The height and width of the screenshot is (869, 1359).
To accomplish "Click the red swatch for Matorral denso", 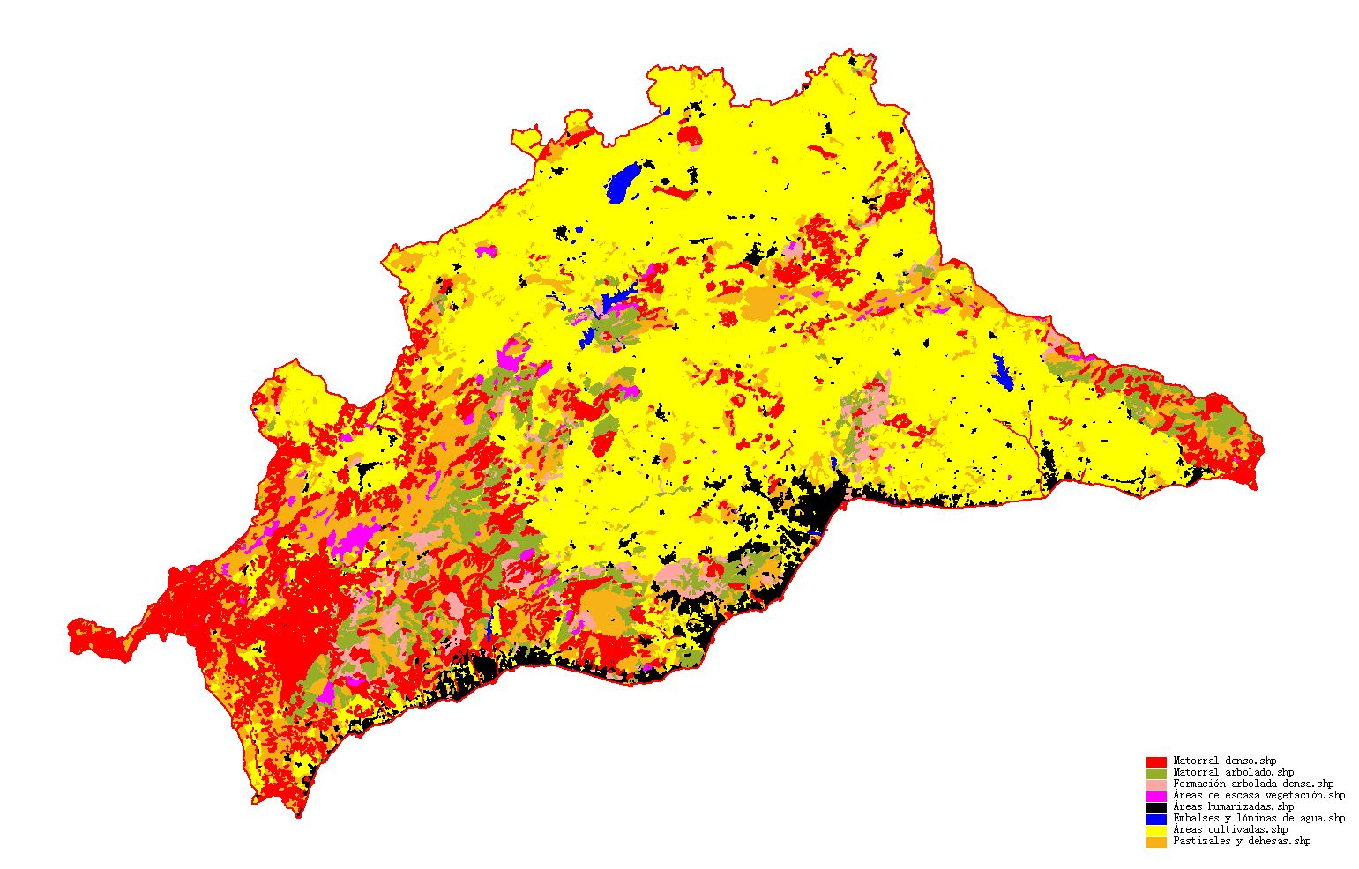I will pos(1156,761).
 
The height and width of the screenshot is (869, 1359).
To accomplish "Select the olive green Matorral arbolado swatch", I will pos(1156,773).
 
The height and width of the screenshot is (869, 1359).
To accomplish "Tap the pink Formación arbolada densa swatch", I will pos(1156,784).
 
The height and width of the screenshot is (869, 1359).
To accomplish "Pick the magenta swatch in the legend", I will pos(1156,796).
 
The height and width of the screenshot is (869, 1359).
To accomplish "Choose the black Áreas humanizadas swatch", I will pos(1156,807).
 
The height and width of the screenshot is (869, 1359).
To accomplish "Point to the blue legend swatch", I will pos(1156,819).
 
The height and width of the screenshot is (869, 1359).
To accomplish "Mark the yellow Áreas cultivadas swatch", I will pos(1156,830).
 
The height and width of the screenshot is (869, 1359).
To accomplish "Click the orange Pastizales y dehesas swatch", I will pos(1156,842).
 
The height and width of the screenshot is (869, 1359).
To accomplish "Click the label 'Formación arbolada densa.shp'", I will pos(1253,784).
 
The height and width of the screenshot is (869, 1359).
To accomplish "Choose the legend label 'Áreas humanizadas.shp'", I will pos(1233,806).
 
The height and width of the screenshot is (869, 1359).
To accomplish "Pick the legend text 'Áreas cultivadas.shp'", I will pos(1230,829).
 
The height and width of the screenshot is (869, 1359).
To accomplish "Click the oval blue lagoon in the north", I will pos(624,183).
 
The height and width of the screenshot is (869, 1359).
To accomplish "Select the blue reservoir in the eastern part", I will pos(1002,372).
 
